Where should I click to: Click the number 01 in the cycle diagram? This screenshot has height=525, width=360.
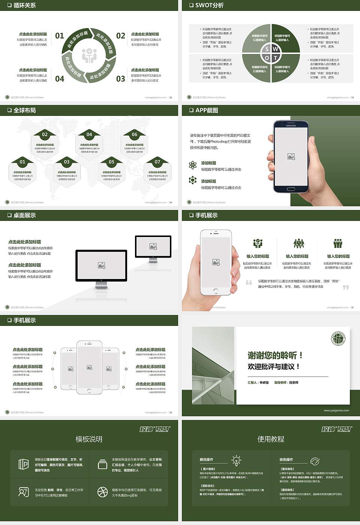(x=60, y=36)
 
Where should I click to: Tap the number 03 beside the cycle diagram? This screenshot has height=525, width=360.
(x=120, y=79)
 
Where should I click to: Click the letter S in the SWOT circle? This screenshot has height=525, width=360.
(x=267, y=49)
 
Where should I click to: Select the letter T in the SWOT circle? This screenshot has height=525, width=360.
(x=275, y=58)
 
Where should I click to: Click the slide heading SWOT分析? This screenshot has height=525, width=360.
(x=209, y=5)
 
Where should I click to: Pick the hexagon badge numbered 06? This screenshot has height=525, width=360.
(x=134, y=134)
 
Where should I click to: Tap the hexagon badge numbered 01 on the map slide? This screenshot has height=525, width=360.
(x=22, y=162)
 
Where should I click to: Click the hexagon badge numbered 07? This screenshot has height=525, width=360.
(x=157, y=162)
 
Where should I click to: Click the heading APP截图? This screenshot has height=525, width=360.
(x=206, y=110)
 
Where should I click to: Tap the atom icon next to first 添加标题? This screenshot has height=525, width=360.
(x=193, y=165)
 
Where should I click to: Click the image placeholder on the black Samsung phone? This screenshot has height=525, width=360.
(x=291, y=157)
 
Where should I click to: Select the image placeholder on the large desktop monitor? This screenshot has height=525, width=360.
(x=101, y=265)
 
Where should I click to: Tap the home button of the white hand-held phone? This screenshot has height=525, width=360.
(x=216, y=291)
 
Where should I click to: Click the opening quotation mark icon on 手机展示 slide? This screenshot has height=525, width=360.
(x=249, y=282)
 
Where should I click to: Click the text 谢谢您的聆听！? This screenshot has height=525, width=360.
(x=275, y=355)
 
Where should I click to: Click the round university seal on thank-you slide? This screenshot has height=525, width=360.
(x=338, y=339)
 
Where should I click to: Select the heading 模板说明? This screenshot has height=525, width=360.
(x=89, y=439)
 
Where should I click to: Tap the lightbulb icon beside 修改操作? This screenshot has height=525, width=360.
(x=236, y=460)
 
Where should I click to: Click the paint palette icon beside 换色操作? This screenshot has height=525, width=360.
(x=315, y=461)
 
